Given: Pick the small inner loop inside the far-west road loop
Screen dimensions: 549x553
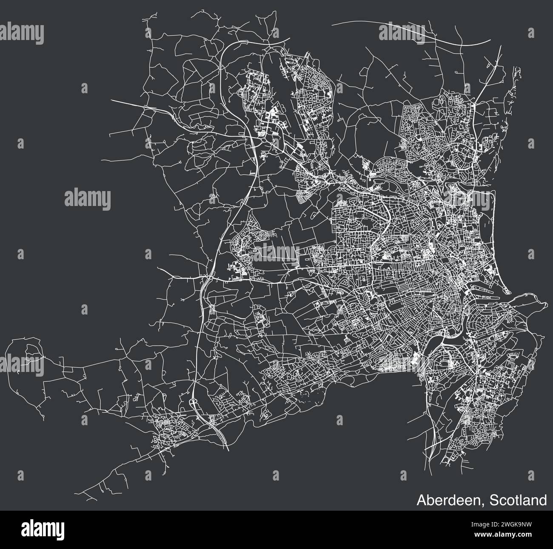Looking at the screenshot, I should click(31, 350).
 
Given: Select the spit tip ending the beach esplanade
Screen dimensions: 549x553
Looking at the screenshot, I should click(510, 293).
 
